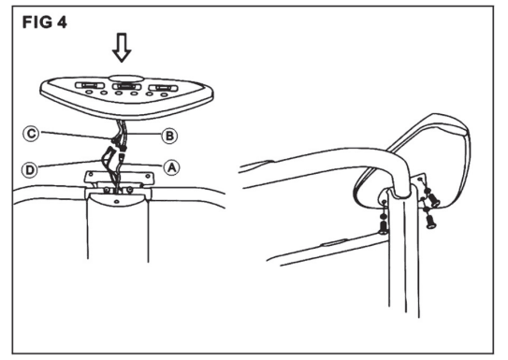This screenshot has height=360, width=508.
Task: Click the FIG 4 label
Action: tap(44, 22)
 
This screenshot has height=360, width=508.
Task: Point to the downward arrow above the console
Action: tap(122, 48)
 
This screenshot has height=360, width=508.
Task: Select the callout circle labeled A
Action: tap(171, 167)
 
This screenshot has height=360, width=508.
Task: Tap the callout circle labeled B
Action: tap(169, 136)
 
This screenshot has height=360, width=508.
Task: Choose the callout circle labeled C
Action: tap(31, 134)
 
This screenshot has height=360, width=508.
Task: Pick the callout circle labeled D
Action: tap(30, 169)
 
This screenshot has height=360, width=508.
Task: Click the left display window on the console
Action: tap(90, 85)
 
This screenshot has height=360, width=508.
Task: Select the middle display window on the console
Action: tap(126, 86)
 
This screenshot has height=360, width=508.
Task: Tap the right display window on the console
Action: tap(164, 88)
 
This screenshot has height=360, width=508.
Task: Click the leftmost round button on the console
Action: tap(89, 92)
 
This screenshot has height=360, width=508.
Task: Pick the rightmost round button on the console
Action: tap(165, 94)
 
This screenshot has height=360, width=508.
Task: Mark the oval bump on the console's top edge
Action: tap(126, 79)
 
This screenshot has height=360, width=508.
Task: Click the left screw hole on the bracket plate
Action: tap(91, 174)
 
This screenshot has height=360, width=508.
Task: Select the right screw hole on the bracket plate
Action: tap(148, 176)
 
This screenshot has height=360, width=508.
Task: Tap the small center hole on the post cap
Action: tap(117, 202)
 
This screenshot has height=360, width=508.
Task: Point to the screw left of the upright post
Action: tap(384, 225)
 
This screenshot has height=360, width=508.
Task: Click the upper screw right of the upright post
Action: tap(433, 199)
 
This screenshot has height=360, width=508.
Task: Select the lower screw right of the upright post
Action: tap(430, 222)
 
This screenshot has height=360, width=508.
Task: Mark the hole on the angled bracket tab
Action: tap(420, 179)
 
